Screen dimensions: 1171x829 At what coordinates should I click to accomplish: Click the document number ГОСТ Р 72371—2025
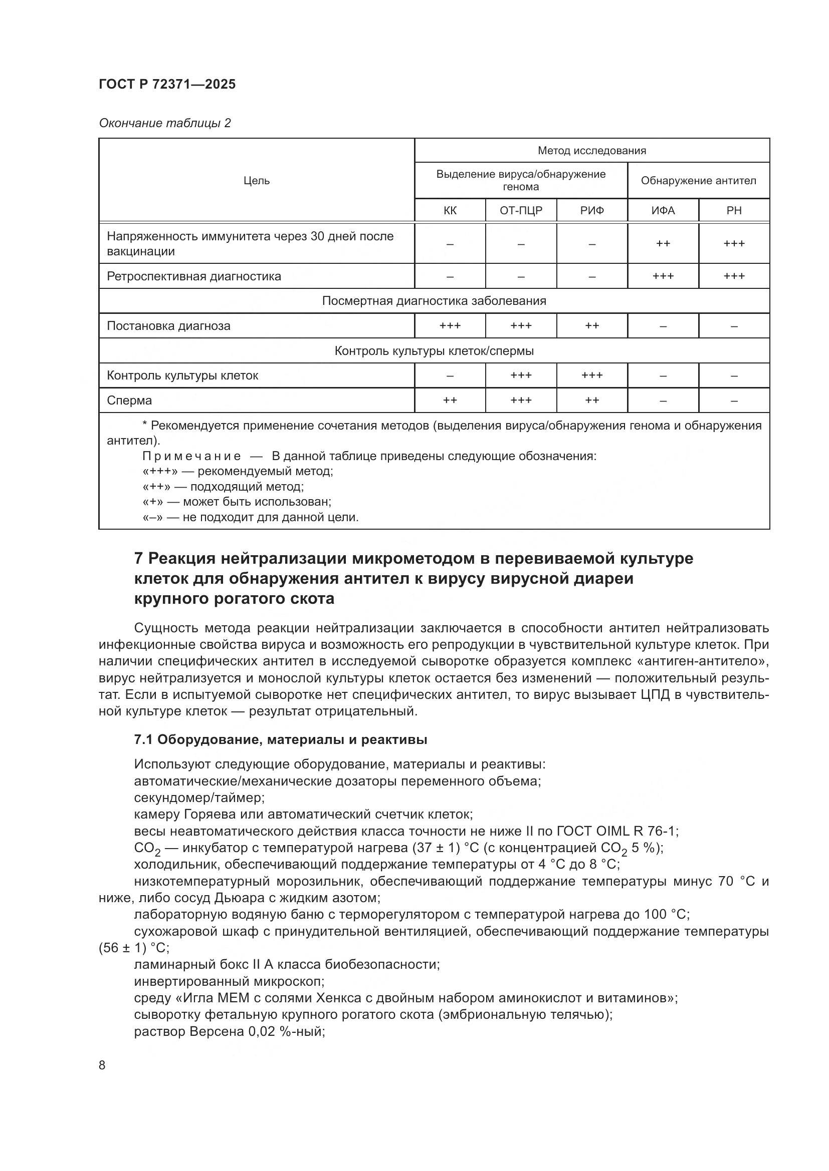(167, 85)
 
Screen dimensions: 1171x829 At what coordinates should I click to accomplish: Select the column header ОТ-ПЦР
(521, 211)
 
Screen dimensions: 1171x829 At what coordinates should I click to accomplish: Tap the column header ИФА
(663, 211)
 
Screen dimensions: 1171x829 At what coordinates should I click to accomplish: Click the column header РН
(734, 211)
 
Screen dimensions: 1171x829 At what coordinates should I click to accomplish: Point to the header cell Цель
(256, 181)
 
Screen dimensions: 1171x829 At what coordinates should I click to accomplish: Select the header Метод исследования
(591, 151)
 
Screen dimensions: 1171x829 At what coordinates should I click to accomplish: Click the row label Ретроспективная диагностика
(194, 276)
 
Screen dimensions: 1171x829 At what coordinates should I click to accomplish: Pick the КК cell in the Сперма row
(450, 401)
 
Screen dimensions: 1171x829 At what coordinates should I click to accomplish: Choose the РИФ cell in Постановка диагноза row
(591, 326)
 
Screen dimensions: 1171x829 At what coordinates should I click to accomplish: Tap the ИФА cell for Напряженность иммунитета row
(663, 244)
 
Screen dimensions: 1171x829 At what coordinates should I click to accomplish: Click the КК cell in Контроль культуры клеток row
(450, 376)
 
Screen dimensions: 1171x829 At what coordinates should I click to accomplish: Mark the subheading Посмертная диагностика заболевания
(434, 301)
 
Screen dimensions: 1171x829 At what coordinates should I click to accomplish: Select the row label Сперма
(129, 401)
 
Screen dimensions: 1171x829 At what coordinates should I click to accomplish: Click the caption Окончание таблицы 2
(165, 123)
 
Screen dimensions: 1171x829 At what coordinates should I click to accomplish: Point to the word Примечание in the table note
(191, 456)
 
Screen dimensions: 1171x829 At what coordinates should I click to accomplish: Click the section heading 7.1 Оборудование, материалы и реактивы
(280, 739)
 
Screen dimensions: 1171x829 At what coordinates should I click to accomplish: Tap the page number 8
(102, 1065)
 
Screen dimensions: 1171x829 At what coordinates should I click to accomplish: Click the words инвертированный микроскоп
(229, 981)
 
